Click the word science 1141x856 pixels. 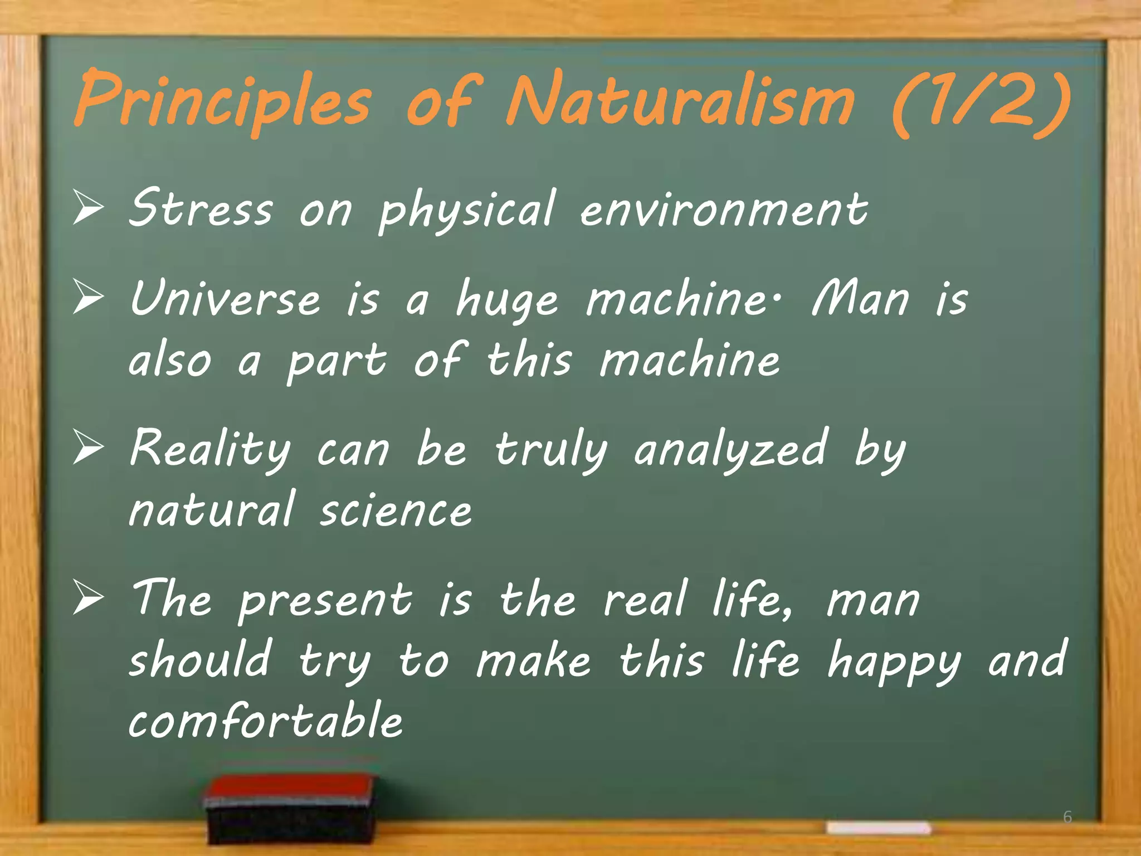pos(395,510)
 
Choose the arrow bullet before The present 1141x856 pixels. pos(88,598)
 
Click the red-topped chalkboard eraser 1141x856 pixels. pos(290,808)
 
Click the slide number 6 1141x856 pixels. pos(1067,817)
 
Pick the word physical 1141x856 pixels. pos(467,211)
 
